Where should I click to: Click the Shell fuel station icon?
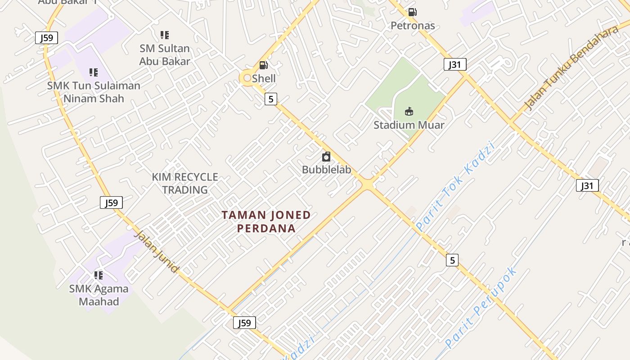click(264, 65)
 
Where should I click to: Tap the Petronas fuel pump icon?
click(412, 12)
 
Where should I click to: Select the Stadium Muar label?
click(409, 125)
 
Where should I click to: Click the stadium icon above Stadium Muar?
click(409, 111)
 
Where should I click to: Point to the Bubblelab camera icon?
click(326, 157)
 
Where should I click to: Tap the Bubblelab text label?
click(326, 170)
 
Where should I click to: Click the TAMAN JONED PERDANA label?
click(266, 221)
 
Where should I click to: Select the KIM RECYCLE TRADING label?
click(185, 183)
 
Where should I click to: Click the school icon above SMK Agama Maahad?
click(98, 275)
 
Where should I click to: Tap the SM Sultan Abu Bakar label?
click(165, 55)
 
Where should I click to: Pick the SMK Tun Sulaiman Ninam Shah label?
click(94, 92)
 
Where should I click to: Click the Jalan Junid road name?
click(156, 252)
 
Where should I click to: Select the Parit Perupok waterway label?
click(481, 308)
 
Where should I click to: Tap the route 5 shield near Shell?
click(270, 99)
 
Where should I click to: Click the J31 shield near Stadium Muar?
click(454, 64)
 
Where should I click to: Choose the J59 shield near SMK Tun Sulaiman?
click(47, 38)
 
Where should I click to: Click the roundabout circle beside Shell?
click(247, 78)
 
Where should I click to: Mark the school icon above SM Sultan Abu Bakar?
click(165, 35)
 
